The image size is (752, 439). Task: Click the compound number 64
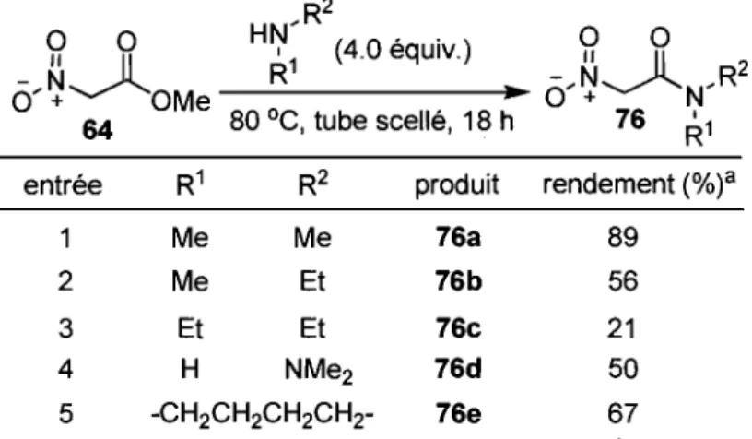[98, 130]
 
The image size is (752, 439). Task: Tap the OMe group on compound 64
[181, 101]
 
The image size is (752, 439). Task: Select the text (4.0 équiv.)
[403, 50]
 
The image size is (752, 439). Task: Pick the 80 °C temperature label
[264, 121]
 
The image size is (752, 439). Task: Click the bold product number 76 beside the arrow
[630, 118]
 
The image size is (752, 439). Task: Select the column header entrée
[63, 184]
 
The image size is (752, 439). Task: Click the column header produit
[456, 185]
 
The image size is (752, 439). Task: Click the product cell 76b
[458, 281]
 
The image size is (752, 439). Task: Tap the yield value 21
[621, 328]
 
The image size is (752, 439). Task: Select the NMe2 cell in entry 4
[319, 371]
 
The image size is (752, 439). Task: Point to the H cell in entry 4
[190, 369]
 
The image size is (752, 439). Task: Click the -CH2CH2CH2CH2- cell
[262, 414]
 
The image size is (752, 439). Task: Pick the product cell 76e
[458, 414]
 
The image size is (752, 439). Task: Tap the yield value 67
[622, 414]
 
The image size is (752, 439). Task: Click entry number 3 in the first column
[65, 329]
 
